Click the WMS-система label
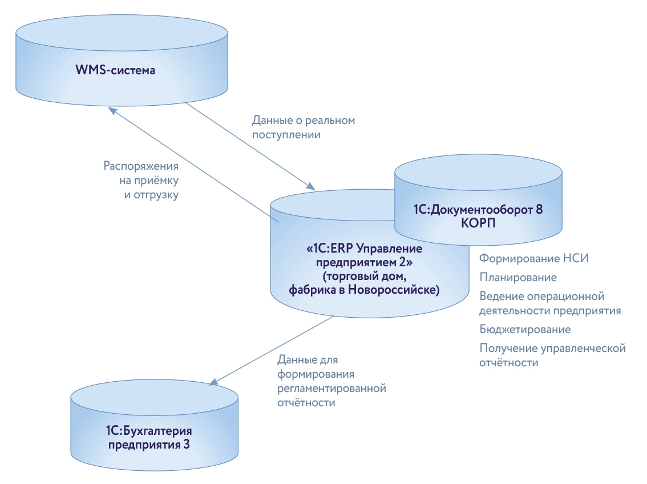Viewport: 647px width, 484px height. [116, 70]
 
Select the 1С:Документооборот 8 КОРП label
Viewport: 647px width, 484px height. [478, 216]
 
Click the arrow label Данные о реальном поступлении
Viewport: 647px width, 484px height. [304, 128]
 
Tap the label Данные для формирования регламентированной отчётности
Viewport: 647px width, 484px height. [331, 381]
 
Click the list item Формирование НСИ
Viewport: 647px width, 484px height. [533, 258]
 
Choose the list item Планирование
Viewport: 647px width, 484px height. [518, 277]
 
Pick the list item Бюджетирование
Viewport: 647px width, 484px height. [525, 330]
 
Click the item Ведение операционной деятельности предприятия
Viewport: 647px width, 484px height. [549, 303]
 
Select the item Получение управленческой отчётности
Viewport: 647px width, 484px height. [552, 355]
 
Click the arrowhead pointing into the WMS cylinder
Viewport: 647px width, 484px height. [114, 111]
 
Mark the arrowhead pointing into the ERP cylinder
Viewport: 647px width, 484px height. [310, 186]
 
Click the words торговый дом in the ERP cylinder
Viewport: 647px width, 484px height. [357, 278]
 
